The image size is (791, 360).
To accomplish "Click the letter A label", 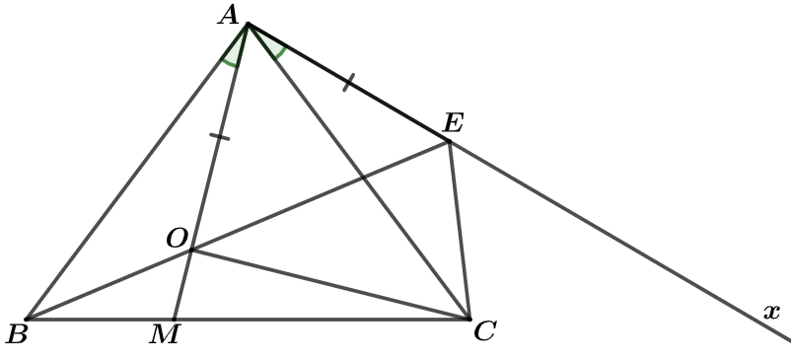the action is click(x=228, y=15).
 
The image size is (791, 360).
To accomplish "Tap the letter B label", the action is click(x=17, y=333).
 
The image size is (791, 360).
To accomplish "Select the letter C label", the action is click(x=485, y=331).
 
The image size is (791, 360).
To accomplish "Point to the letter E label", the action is click(x=453, y=122).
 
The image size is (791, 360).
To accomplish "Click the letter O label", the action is click(x=178, y=238).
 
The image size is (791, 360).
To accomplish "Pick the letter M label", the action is click(x=164, y=334).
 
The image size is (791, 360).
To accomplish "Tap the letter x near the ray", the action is click(x=772, y=312).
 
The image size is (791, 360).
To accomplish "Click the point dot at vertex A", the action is click(x=248, y=24).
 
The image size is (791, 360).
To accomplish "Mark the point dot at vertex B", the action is click(x=27, y=319).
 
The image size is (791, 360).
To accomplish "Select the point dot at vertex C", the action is click(x=469, y=319).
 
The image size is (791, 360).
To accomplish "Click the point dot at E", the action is click(x=449, y=142).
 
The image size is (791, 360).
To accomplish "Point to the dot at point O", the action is click(x=191, y=250).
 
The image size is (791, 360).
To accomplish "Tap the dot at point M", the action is click(x=174, y=319).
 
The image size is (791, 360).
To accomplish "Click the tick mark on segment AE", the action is click(x=348, y=83).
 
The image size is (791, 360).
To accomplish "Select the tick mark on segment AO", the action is click(x=219, y=137).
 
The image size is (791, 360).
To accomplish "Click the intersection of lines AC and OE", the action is click(x=364, y=178).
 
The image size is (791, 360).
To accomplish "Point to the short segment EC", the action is click(x=459, y=231).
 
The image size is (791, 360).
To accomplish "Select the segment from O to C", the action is click(x=330, y=284).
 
